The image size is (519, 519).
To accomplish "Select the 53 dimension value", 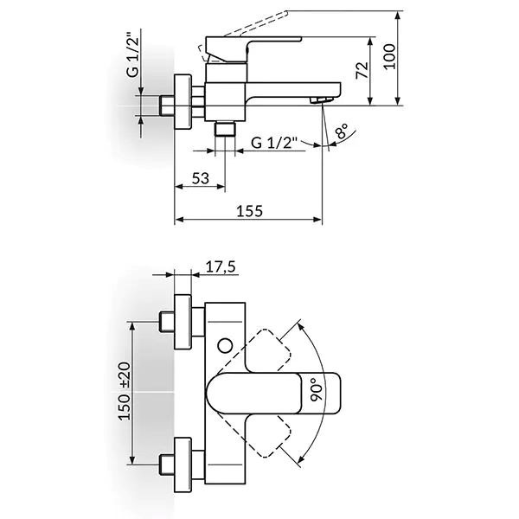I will (201, 177).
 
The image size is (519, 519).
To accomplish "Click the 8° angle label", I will (343, 132).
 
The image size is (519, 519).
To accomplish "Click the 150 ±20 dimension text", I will (125, 392).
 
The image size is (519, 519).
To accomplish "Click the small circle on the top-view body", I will (227, 347).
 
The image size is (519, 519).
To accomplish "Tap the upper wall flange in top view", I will (183, 324).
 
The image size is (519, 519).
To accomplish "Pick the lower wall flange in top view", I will (183, 464).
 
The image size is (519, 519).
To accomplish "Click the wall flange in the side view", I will (183, 101).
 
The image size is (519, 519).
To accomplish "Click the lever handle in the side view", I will (251, 42).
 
